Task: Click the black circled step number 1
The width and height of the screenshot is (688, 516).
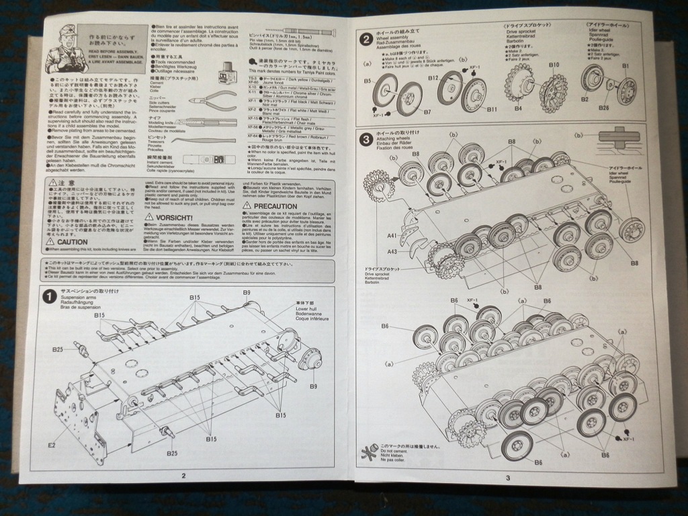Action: click(x=48, y=296)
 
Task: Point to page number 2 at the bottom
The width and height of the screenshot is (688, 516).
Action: click(x=183, y=475)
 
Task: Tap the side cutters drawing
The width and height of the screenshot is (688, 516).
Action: click(x=214, y=100)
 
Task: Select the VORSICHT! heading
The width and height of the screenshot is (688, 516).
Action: click(x=174, y=218)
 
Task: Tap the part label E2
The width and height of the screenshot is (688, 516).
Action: click(x=51, y=445)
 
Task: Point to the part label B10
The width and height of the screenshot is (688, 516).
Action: click(x=554, y=65)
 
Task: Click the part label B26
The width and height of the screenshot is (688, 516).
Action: click(x=604, y=107)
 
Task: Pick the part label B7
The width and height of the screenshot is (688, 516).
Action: click(x=408, y=112)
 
